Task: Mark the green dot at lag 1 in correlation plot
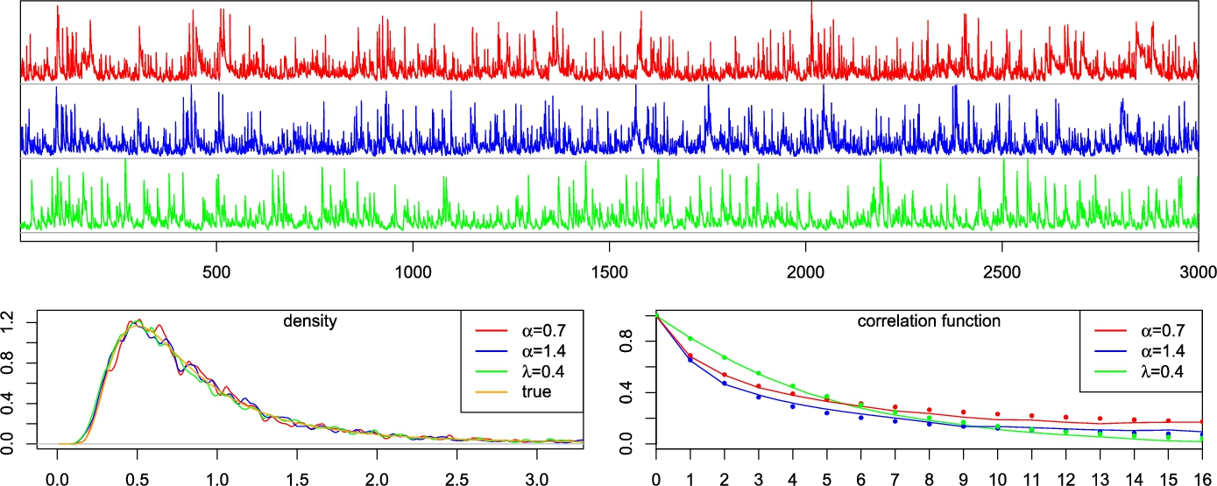click(x=690, y=338)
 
